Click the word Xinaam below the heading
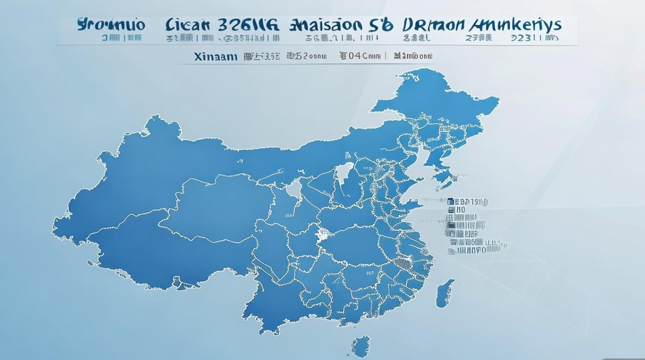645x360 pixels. pos(216,56)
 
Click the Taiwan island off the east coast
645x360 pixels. pos(445,291)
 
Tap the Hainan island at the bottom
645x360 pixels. pos(361,346)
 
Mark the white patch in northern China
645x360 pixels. pos(344,170)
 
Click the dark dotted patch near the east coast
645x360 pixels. pos(404,264)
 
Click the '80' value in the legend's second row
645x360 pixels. pos(461,210)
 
